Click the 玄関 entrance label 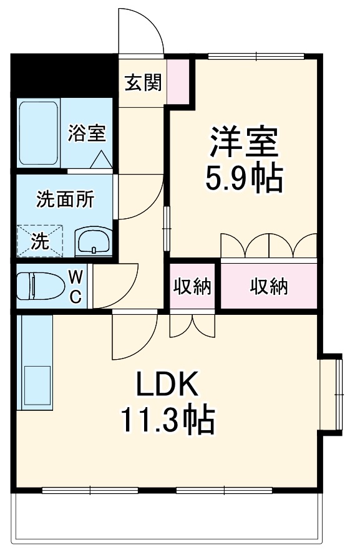tap(143, 82)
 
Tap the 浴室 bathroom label tap(86, 133)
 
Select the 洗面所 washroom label tap(65, 199)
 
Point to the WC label tap(74, 286)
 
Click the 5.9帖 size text tap(244, 178)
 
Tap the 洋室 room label tap(243, 142)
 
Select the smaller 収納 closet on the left tap(192, 286)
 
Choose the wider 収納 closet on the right tap(269, 286)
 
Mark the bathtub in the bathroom tap(38, 133)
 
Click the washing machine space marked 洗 tap(40, 241)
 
